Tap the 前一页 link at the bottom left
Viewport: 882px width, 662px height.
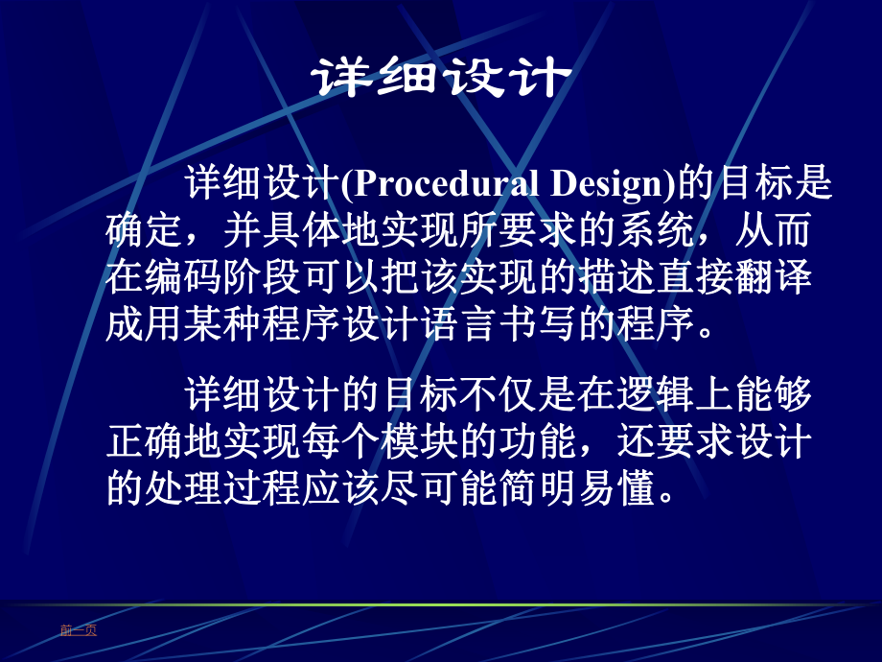tap(78, 630)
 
